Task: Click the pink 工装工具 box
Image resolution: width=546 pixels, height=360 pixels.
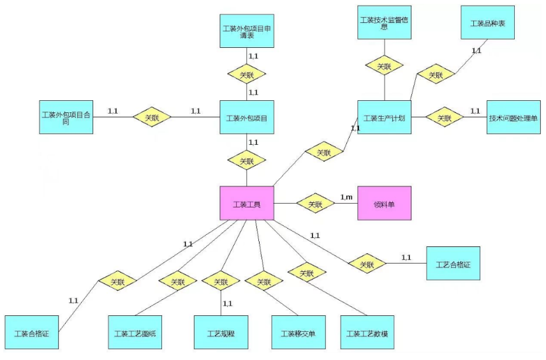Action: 247,204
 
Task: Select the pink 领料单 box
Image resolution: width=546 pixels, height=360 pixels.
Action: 384,204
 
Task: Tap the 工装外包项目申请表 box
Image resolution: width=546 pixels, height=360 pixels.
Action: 247,31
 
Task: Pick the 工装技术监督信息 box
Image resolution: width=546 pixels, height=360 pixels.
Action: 384,22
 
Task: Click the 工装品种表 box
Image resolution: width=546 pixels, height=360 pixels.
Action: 487,24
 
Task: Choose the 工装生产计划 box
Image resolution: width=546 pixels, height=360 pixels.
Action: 384,117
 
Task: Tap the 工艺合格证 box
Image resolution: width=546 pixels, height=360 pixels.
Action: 453,263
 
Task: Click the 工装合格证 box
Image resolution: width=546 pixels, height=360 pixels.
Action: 31,333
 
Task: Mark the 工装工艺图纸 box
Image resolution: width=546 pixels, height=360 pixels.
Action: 135,333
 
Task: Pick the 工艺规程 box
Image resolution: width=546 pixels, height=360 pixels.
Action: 221,333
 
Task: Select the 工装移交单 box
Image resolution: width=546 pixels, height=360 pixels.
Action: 298,333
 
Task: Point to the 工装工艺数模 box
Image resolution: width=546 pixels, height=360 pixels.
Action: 367,333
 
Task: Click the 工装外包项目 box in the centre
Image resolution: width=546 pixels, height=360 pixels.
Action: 247,117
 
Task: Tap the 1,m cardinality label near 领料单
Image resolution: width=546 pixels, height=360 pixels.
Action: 346,197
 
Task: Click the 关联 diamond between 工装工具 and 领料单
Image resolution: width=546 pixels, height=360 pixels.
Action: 316,204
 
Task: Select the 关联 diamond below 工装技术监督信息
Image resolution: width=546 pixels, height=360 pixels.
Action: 384,65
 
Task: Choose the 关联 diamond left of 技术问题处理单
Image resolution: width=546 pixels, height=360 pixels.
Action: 445,117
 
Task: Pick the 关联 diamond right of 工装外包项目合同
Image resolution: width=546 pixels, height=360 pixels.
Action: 152,117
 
